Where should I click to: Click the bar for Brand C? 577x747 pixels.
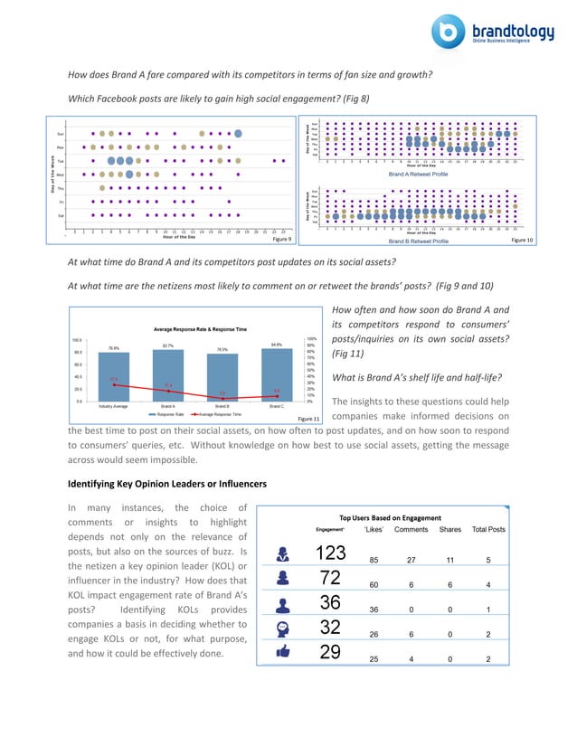tap(277, 374)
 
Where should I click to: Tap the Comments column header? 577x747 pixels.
tap(411, 529)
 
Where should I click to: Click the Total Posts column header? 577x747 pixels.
tap(488, 529)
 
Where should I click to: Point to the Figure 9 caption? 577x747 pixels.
tap(281, 240)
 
